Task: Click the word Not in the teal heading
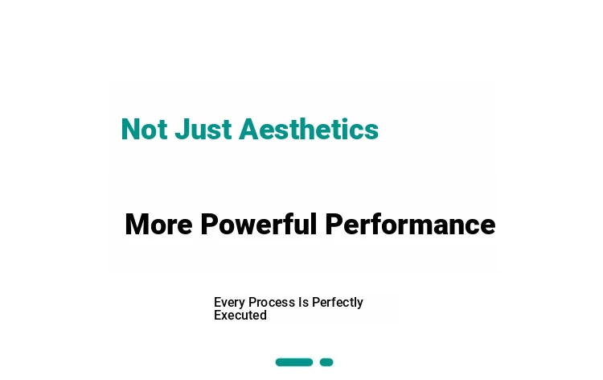(144, 129)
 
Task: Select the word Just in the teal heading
(203, 129)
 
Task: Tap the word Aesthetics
(309, 129)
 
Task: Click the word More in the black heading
(158, 224)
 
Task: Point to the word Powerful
(258, 224)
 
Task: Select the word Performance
(410, 224)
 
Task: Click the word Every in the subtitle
(229, 303)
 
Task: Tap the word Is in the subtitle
(303, 302)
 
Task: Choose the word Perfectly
(337, 303)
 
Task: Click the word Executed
(240, 315)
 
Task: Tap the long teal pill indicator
(294, 362)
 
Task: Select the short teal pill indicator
(326, 362)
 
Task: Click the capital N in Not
(130, 130)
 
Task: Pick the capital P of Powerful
(210, 224)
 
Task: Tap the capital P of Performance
(334, 224)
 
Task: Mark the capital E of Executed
(218, 315)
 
